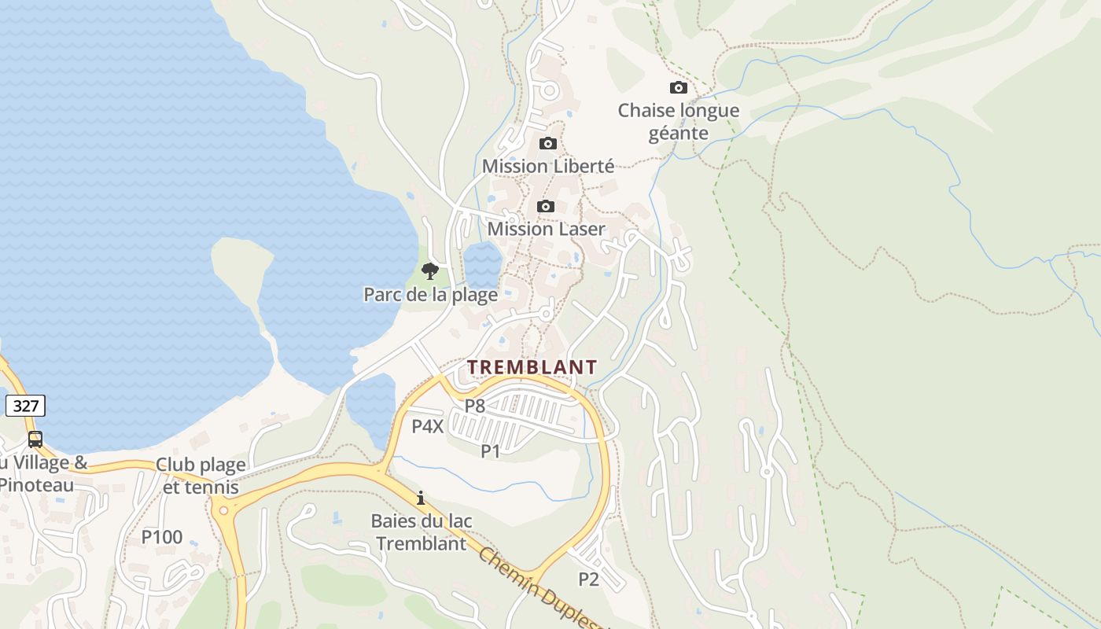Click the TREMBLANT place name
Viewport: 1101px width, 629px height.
coord(532,367)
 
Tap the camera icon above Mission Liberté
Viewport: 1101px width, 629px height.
coord(548,143)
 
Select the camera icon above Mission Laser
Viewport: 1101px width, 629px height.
coord(546,206)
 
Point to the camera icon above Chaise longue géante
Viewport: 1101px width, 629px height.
coord(678,87)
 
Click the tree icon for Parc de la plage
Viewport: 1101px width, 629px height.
coord(429,271)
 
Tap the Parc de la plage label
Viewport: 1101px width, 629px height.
coord(430,295)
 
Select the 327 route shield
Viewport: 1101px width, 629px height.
coord(25,406)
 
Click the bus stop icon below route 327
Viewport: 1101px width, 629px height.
coord(35,440)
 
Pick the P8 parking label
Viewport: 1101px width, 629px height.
coord(474,406)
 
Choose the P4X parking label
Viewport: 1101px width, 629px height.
coord(428,427)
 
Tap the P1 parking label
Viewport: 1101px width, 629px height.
coord(491,451)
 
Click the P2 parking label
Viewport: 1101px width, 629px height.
coord(588,579)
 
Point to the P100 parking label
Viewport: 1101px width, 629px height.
coord(162,537)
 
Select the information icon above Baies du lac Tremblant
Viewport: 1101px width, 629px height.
coord(421,498)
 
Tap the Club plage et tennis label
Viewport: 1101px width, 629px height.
coord(201,476)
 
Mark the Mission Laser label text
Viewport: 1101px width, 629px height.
coord(547,229)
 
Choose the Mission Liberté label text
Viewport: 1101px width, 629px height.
coord(548,166)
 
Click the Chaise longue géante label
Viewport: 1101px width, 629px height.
coord(679,122)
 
